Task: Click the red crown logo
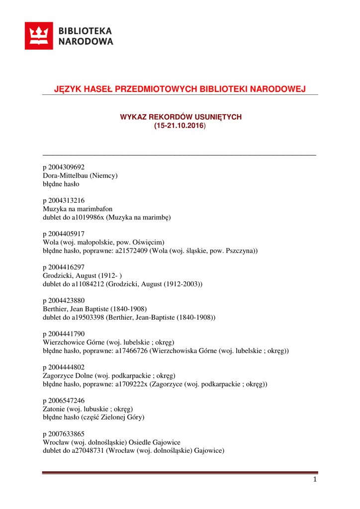(39, 36)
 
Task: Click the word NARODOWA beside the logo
(86, 42)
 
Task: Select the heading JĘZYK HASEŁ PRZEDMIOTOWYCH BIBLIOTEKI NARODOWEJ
(180, 89)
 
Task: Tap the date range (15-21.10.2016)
(180, 126)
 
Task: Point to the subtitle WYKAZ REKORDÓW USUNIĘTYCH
(180, 117)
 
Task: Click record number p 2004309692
(64, 167)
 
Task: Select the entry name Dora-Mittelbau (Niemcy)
(80, 175)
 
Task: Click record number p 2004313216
(64, 200)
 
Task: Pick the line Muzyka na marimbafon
(78, 209)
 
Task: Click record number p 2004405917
(64, 234)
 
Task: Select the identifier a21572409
(132, 251)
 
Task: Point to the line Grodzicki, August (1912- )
(83, 275)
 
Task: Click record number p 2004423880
(64, 300)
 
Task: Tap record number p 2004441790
(64, 334)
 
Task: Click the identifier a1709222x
(132, 384)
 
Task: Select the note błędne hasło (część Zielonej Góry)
(93, 417)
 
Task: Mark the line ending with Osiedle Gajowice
(111, 442)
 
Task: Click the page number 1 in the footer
(315, 480)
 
